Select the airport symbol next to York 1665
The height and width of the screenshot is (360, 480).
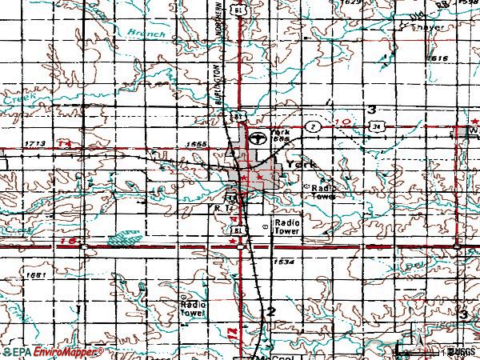(258, 138)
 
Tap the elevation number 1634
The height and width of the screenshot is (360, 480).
(282, 262)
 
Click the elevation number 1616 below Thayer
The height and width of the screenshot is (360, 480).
(437, 59)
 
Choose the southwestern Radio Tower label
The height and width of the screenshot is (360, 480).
(194, 309)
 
